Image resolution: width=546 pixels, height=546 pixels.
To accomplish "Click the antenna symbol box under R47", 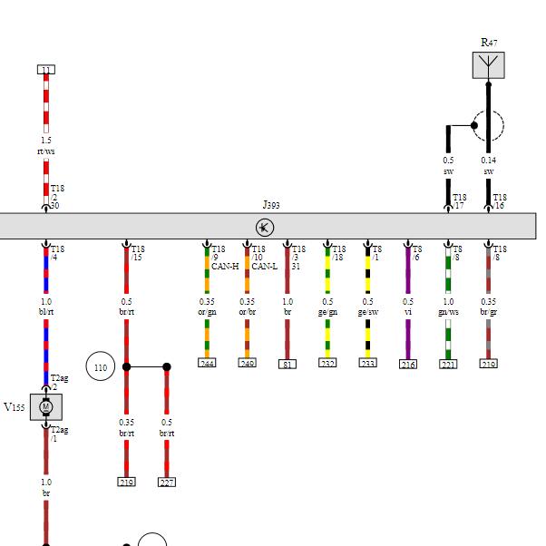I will (x=488, y=65).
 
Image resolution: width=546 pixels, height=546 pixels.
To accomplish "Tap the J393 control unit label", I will (x=270, y=205).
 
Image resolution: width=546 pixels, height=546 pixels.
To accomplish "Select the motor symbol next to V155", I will (x=46, y=407).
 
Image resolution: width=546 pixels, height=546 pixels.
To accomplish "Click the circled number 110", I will (x=100, y=367).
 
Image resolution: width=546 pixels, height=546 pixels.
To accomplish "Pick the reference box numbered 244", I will (x=207, y=363).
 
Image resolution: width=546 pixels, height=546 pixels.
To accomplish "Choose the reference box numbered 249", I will (x=247, y=363).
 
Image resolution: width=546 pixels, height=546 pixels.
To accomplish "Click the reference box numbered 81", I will (x=288, y=364).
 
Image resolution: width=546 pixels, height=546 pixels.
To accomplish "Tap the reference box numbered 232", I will (x=327, y=363).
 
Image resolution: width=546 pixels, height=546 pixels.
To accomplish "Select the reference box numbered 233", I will (x=367, y=363).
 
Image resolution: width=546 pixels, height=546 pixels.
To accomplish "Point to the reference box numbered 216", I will (x=408, y=364).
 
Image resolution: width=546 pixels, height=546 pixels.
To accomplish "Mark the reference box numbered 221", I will (x=448, y=364).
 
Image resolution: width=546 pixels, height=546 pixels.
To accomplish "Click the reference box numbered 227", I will (x=166, y=483).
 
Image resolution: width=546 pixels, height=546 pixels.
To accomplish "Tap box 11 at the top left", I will (x=46, y=70).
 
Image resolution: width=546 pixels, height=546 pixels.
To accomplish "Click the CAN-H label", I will (x=225, y=267).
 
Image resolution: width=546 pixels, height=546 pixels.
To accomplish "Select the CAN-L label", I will (x=265, y=267).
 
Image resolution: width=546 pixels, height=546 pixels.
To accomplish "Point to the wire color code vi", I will (x=408, y=312).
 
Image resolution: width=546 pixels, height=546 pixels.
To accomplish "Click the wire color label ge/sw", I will (x=367, y=312).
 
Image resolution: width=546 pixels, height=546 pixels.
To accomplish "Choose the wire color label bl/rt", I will (x=46, y=312).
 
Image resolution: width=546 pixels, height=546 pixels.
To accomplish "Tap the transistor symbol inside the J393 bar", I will (x=266, y=227).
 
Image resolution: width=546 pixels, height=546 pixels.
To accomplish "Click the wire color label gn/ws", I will (x=448, y=312).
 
